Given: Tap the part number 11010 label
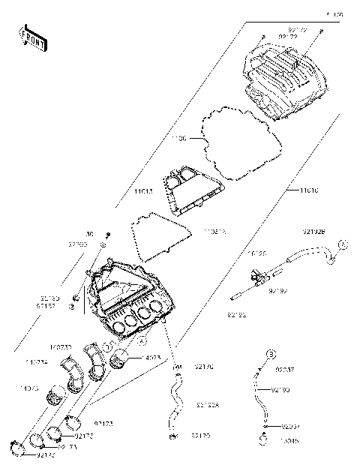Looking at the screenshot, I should (309, 191).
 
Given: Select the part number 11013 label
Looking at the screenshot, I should (144, 192).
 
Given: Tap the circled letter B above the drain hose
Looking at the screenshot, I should (272, 353).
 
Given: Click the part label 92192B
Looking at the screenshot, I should (313, 231).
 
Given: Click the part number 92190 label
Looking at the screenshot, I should (280, 390).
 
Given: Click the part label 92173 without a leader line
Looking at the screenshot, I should (103, 424).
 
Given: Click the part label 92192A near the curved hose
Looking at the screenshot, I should (207, 405).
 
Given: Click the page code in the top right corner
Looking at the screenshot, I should (334, 14).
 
